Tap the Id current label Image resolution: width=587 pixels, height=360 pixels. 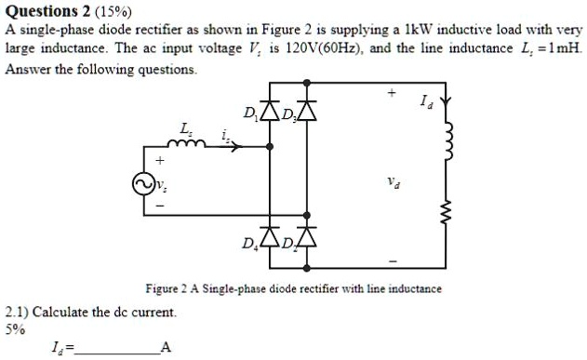pos(427,99)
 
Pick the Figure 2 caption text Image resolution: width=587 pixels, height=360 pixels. pos(293,288)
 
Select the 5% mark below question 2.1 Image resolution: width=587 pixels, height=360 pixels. pos(15,328)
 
